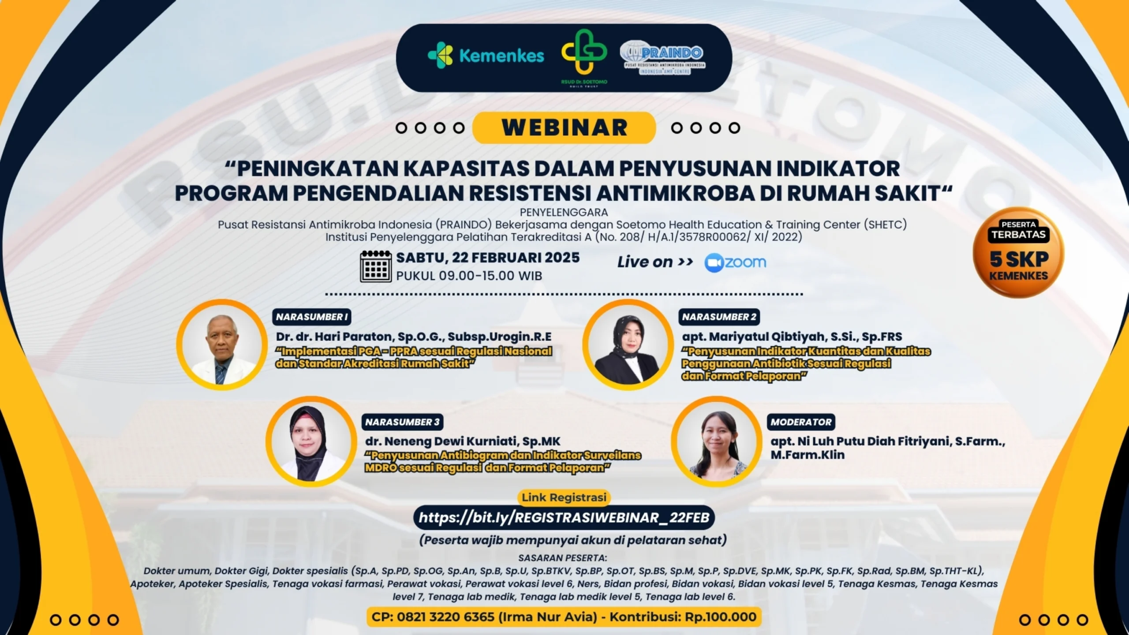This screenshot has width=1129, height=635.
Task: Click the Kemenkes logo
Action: click(x=486, y=56)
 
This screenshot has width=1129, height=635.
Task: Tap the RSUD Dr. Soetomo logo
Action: click(x=584, y=58)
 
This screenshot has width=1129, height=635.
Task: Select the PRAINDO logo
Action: click(x=662, y=59)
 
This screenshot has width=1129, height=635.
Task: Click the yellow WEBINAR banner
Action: click(x=564, y=127)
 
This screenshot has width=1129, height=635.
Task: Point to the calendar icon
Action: click(x=376, y=266)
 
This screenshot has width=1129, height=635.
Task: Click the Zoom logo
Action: click(x=735, y=263)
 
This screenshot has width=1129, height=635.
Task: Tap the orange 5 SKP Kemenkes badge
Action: click(x=1018, y=253)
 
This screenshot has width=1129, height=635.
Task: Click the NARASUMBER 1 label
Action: click(x=312, y=317)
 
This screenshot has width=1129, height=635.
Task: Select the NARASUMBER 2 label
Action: click(x=719, y=317)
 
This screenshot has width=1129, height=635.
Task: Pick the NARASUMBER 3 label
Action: click(x=402, y=422)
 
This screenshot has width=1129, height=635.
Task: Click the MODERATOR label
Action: click(x=801, y=422)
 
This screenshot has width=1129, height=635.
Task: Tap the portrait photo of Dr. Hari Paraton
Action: click(x=222, y=344)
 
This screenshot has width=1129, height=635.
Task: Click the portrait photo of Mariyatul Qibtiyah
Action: click(x=628, y=344)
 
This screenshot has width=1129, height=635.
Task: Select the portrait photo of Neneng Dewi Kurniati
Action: click(x=311, y=441)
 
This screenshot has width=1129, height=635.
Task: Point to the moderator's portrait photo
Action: click(x=717, y=441)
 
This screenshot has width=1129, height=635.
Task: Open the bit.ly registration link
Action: click(x=564, y=517)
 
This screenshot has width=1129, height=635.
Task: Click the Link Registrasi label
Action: click(x=564, y=497)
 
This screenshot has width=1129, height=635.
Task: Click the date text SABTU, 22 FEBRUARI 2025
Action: click(x=488, y=258)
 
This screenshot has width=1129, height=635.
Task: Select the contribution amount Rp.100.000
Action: click(x=721, y=616)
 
